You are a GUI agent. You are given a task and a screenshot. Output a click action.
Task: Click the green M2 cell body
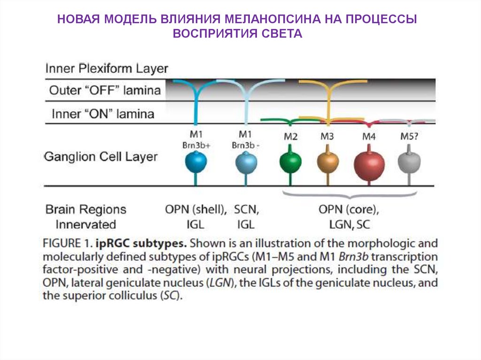(x=290, y=162)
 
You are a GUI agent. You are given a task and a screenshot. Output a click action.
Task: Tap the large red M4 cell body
(x=369, y=165)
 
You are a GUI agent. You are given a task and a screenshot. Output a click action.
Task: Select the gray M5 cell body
(x=409, y=162)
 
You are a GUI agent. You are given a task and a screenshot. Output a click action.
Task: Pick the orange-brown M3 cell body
(x=328, y=162)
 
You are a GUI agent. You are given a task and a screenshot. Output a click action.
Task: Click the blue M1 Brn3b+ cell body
(x=196, y=162)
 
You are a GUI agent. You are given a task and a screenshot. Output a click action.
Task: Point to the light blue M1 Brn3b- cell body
(x=246, y=162)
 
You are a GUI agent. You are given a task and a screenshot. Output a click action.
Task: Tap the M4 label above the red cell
(x=369, y=137)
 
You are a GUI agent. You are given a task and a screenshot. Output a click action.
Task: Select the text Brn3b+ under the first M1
(x=196, y=145)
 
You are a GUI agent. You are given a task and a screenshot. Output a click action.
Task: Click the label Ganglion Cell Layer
(x=101, y=157)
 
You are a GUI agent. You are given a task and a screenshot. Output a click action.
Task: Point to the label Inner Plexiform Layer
(x=107, y=69)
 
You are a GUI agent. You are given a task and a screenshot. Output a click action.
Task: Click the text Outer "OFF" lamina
(x=105, y=90)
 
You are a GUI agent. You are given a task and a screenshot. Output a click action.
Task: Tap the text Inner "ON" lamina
(x=103, y=114)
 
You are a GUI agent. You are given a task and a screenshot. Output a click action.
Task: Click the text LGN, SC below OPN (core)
(x=349, y=225)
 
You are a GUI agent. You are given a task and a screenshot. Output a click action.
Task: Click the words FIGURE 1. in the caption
(x=67, y=244)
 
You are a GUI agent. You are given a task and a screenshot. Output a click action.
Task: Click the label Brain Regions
(x=86, y=209)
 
